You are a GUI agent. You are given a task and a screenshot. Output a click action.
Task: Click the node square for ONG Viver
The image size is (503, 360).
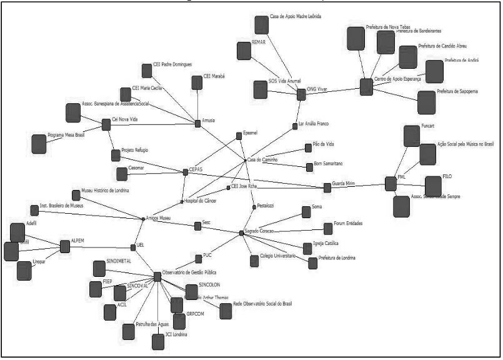(301, 94)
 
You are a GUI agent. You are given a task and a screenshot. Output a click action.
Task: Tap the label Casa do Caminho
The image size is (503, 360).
(262, 160)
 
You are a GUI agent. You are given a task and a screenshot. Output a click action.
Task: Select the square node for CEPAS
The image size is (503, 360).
(184, 171)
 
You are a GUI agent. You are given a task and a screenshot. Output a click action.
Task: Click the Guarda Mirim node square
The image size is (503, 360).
(327, 187)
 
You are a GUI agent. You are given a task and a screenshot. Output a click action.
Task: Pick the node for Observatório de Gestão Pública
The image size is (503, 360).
(157, 276)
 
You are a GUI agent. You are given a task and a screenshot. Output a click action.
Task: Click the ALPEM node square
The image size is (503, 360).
(64, 246)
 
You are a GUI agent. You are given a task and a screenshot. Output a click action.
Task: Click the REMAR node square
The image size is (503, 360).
(244, 50)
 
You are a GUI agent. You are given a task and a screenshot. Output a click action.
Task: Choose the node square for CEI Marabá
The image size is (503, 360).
(197, 82)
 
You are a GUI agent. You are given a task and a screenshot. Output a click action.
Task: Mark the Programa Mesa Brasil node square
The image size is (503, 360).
(39, 143)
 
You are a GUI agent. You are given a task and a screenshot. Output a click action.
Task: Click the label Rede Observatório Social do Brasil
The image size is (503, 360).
(262, 304)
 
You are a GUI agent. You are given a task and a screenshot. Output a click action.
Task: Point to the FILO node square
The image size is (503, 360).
(433, 186)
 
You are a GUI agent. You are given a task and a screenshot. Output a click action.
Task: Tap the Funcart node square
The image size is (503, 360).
(412, 136)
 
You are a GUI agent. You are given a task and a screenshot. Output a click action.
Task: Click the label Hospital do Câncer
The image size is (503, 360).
(203, 201)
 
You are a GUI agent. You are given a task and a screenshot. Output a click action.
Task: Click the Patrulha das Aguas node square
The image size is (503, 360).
(129, 331)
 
